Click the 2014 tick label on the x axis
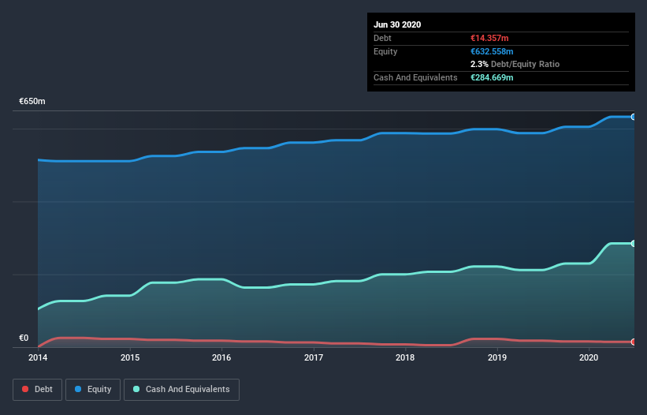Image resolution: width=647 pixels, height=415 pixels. (x=38, y=357)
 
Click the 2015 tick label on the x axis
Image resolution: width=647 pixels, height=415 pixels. (x=130, y=357)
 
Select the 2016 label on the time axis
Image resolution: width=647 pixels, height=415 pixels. (x=221, y=357)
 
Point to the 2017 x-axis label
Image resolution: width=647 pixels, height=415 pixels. (x=314, y=357)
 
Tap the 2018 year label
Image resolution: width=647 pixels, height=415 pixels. (x=405, y=357)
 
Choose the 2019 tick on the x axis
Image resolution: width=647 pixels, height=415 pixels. (x=497, y=357)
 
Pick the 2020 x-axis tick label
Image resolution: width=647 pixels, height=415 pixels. (x=589, y=357)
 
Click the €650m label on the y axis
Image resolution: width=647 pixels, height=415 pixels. (x=32, y=102)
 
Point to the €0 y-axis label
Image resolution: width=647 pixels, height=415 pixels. (x=24, y=338)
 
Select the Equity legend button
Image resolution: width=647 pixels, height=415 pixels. (x=93, y=389)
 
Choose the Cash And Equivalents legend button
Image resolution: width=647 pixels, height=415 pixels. (x=181, y=389)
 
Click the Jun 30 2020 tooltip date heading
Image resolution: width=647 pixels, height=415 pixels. (x=397, y=24)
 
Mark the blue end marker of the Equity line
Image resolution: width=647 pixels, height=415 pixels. (x=634, y=117)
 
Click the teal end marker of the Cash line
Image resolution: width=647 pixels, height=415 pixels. (x=634, y=243)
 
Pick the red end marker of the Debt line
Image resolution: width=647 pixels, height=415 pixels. (x=634, y=342)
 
